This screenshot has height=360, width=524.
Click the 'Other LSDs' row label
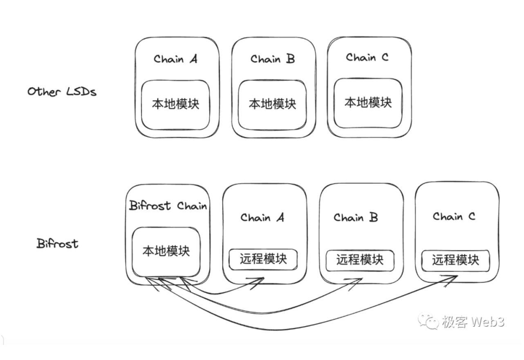[62, 91]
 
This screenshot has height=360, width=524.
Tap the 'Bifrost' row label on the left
[57, 244]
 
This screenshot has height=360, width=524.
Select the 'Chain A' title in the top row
[176, 59]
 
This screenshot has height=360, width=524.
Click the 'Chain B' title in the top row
[273, 59]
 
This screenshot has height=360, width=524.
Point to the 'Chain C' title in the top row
[367, 58]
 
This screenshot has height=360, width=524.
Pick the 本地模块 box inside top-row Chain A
[176, 104]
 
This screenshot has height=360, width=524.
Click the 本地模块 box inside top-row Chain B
[272, 104]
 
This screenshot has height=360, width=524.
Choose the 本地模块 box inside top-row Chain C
[368, 102]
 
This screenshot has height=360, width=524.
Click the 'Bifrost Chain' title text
[168, 206]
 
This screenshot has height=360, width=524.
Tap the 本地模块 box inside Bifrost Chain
[166, 250]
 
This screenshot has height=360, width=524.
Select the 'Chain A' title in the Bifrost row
[262, 217]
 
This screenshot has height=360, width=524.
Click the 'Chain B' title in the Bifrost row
[356, 217]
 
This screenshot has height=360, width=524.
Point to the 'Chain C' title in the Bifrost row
[454, 216]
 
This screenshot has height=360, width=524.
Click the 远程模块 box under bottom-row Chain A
[263, 259]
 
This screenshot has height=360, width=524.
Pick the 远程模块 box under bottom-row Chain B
[360, 259]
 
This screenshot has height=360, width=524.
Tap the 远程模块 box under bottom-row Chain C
[455, 259]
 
